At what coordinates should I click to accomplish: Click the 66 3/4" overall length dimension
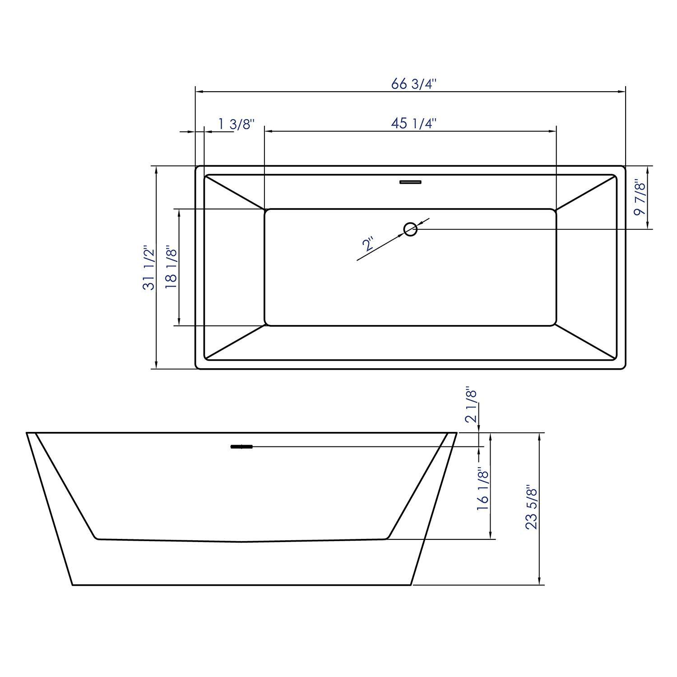[414, 84]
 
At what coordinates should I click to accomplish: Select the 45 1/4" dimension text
[414, 123]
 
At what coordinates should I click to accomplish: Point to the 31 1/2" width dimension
[149, 268]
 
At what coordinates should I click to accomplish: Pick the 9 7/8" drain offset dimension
[640, 198]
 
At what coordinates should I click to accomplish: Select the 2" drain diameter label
[368, 244]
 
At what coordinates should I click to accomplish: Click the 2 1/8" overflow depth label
[471, 404]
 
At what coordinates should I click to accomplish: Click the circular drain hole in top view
[410, 229]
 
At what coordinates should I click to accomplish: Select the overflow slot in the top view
[410, 182]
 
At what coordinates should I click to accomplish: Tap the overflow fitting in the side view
[242, 447]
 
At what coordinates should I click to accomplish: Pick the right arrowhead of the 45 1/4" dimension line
[553, 131]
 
